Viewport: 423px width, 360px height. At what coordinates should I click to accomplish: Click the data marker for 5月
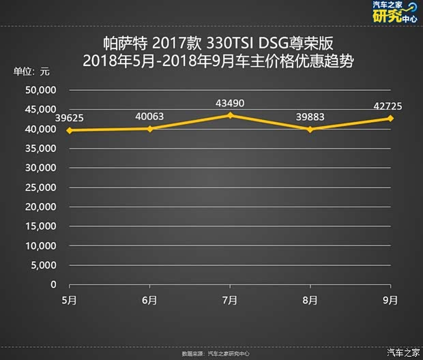70,130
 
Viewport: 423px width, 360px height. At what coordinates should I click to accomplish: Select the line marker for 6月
150,128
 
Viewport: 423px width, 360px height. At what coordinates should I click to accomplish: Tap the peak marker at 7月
230,115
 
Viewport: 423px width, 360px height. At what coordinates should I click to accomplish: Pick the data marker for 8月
310,130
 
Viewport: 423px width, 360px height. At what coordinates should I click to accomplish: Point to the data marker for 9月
390,118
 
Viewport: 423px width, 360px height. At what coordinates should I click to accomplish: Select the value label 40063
150,117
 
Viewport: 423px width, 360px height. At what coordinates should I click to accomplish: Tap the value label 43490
230,103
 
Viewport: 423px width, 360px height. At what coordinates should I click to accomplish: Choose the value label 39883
310,117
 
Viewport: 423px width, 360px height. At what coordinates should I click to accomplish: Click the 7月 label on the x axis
230,299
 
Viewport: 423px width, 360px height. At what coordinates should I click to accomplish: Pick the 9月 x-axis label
390,299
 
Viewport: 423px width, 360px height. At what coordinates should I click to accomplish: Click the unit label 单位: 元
33,72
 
